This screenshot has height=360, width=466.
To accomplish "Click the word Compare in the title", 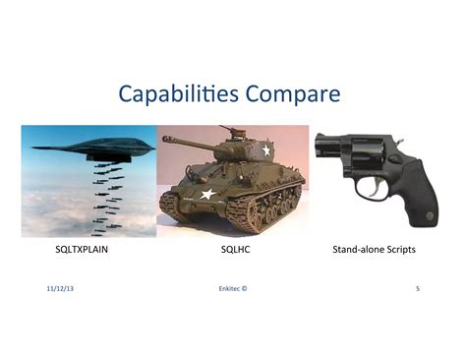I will tap(293, 96).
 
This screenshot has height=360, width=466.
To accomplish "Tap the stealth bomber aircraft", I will tap(93, 147).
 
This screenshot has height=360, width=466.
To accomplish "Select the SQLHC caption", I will tap(234, 251).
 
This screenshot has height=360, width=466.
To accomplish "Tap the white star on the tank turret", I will tap(264, 150).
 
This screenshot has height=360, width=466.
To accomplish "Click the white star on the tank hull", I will tap(206, 195).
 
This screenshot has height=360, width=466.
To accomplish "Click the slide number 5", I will tap(418, 289).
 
